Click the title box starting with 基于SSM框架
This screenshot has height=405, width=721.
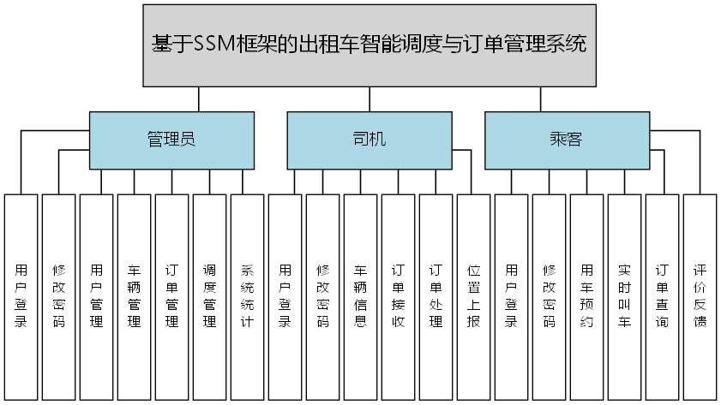coord(370,45)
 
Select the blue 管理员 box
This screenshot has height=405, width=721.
coord(172,140)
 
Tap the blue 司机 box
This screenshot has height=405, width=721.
coord(369,140)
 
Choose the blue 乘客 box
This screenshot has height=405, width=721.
coord(566,140)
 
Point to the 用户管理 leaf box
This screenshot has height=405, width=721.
coord(97,296)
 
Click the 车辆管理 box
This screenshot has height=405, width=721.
coord(135,296)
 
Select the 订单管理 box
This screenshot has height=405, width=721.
coord(172,296)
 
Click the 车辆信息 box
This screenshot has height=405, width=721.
coord(361,296)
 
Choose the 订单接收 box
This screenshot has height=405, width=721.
coord(399,296)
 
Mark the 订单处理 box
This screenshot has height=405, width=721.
coord(436,296)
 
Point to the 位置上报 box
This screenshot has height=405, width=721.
coord(474,296)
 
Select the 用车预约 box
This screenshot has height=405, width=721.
coord(587,296)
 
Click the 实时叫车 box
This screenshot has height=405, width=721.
coord(625,296)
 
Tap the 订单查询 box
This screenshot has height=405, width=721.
coord(663,296)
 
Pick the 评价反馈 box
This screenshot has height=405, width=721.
coord(700,296)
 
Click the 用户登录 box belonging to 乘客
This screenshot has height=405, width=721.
coord(512,296)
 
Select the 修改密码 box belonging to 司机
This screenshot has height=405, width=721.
coord(323,296)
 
